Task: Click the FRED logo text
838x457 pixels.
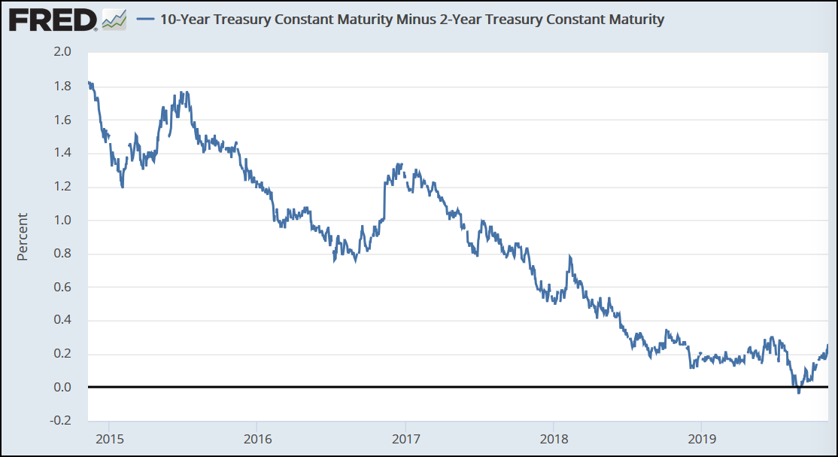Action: click(51, 20)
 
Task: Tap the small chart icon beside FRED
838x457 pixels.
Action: click(114, 20)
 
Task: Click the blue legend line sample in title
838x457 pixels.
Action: click(146, 20)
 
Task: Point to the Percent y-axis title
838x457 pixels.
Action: click(23, 236)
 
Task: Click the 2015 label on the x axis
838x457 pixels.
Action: click(108, 437)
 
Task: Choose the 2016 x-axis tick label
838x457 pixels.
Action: click(257, 437)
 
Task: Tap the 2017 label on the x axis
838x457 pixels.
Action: click(405, 437)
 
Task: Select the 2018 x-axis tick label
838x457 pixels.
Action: click(553, 437)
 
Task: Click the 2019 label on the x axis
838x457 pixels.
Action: click(701, 437)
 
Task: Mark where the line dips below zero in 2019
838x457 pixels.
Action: click(798, 391)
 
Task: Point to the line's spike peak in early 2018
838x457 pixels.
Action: click(570, 257)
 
